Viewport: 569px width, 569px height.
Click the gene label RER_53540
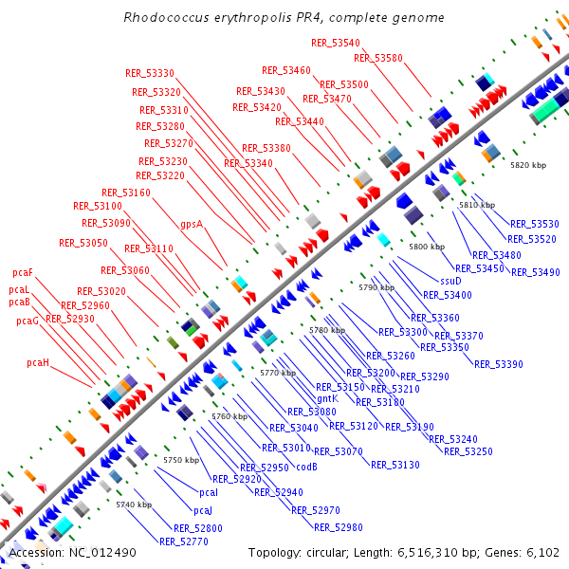(x=336, y=43)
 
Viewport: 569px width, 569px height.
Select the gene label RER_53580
(x=378, y=58)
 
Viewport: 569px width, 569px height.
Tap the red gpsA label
(x=192, y=225)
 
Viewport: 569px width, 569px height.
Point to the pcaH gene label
(x=38, y=362)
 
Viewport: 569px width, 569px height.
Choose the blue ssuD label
(x=450, y=281)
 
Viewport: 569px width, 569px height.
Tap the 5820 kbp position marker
(x=528, y=165)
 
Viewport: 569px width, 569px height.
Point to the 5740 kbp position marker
(x=134, y=505)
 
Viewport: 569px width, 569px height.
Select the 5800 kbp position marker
(x=427, y=247)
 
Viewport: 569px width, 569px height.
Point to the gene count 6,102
(x=542, y=552)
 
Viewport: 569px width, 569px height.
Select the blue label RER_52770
(x=183, y=541)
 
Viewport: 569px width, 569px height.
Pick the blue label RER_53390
(x=498, y=364)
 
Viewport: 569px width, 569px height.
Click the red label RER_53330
(x=150, y=73)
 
